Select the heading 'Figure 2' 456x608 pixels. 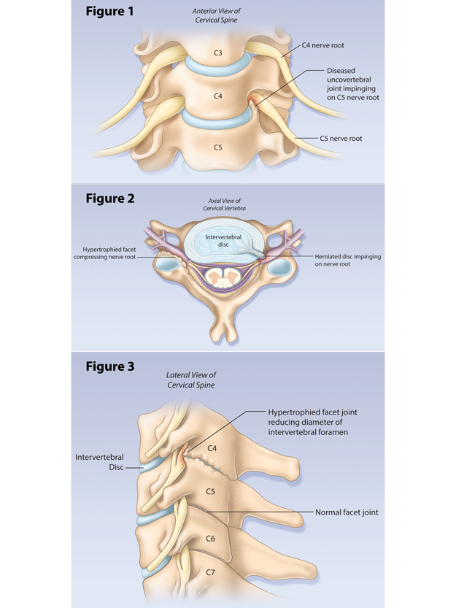(x=110, y=199)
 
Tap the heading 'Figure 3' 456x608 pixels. (x=110, y=366)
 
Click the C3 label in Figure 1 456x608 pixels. (x=218, y=53)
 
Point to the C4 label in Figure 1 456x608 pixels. (x=218, y=96)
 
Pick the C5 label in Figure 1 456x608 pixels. (x=218, y=147)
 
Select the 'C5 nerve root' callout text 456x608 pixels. (x=341, y=138)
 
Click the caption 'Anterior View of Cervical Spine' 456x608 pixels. (x=217, y=15)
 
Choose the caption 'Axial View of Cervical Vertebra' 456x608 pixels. (x=221, y=205)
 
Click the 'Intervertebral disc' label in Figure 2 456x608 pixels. (x=220, y=240)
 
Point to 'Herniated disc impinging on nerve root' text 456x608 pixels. (x=348, y=261)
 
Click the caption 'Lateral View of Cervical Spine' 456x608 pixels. (x=191, y=380)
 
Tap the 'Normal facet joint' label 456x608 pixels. (x=347, y=512)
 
